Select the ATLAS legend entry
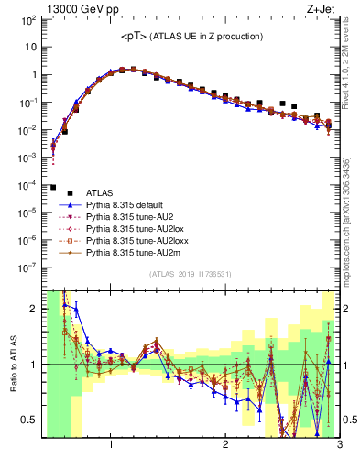click(100, 192)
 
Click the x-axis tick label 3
click(339, 446)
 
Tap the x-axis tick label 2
click(225, 446)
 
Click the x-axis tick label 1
click(111, 446)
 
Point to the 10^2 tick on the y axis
click(29, 19)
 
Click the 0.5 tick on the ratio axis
click(29, 420)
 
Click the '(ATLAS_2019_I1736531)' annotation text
click(190, 274)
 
